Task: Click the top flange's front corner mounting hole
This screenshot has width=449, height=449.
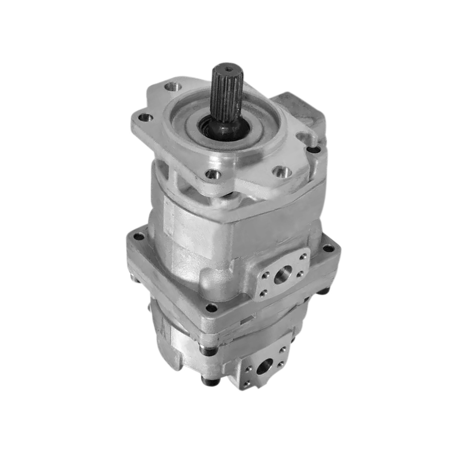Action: pyautogui.click(x=213, y=174)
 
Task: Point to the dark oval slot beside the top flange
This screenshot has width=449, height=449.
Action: pyautogui.click(x=314, y=150)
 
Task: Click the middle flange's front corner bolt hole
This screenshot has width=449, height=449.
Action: pyautogui.click(x=212, y=308)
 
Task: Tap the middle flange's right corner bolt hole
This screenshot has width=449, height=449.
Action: pyautogui.click(x=328, y=248)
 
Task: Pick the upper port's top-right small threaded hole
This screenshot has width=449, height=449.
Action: pyautogui.click(x=304, y=257)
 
